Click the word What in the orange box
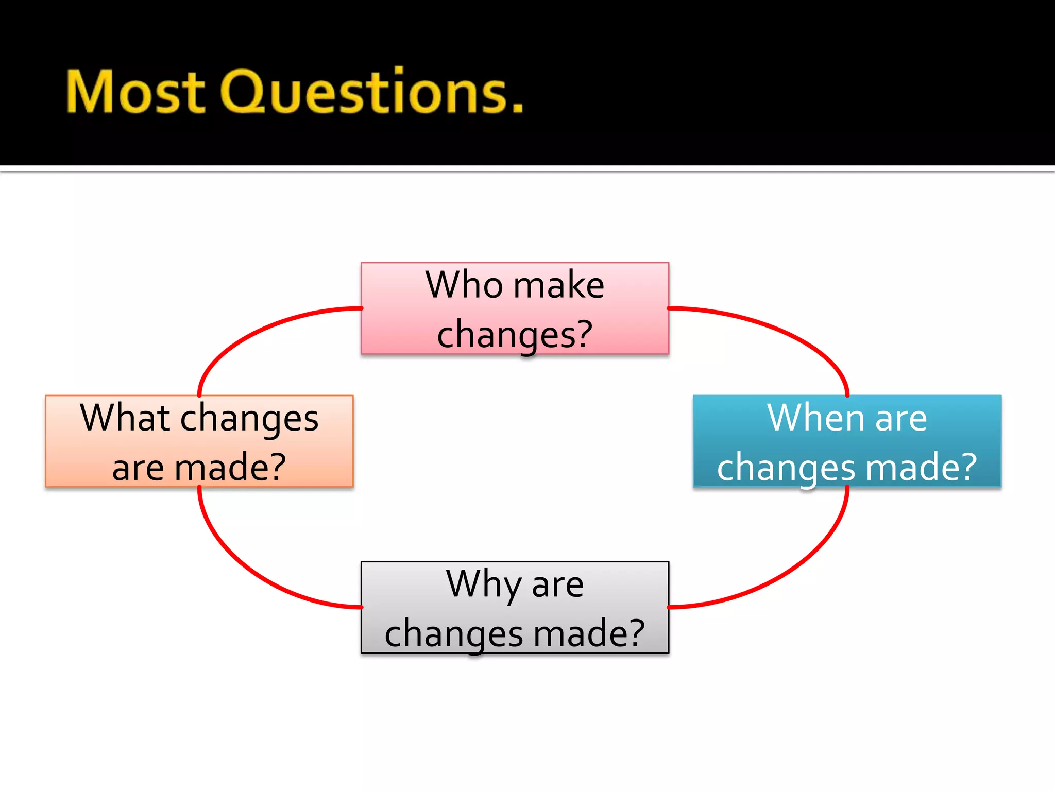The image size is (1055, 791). pos(125,417)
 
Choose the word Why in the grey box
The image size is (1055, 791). pos(483,584)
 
